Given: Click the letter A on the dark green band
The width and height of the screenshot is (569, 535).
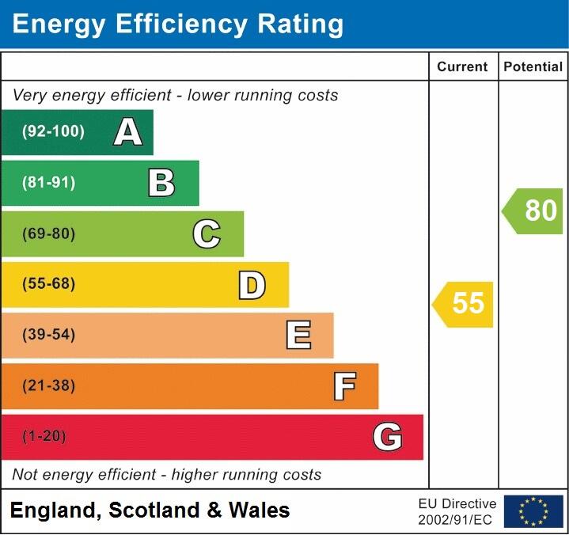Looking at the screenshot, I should [x=128, y=132].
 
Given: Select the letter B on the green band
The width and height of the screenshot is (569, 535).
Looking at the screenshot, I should [x=161, y=183].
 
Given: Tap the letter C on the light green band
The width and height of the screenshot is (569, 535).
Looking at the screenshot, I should [x=207, y=234].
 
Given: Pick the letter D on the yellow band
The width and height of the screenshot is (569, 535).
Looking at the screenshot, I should [x=252, y=285].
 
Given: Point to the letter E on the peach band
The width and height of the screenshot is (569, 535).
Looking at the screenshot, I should [x=298, y=336].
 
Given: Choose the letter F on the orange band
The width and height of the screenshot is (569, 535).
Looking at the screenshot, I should [x=344, y=386].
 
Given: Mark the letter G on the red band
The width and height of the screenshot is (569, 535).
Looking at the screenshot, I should [x=388, y=437].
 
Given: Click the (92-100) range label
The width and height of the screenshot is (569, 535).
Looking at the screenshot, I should [x=53, y=132].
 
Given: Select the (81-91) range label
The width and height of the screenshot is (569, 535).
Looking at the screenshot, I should [x=49, y=183].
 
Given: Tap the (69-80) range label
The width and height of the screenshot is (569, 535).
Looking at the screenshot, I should [x=49, y=234].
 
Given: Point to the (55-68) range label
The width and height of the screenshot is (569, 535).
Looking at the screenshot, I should [x=49, y=284].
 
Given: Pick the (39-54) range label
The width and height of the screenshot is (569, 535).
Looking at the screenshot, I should [x=49, y=335].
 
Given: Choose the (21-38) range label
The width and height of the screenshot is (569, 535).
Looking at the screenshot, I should [x=49, y=386].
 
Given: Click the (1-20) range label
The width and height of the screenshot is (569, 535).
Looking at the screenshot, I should [x=44, y=437].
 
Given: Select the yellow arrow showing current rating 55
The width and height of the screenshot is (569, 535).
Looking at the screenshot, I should [x=464, y=304].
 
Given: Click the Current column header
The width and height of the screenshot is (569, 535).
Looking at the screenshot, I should [x=462, y=67].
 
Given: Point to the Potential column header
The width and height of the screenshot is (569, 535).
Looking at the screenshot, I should [x=533, y=67].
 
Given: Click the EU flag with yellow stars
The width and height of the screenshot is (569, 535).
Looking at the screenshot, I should [x=533, y=511].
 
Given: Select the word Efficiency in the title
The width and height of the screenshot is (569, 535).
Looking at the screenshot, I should [x=171, y=25].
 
